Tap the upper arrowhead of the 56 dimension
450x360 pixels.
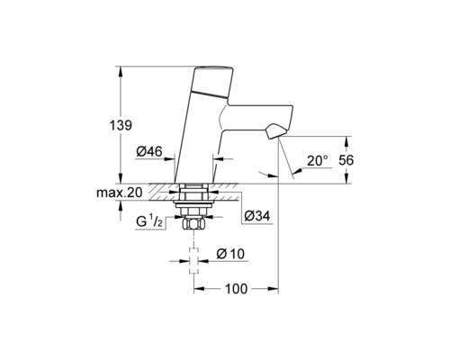click(347, 138)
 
